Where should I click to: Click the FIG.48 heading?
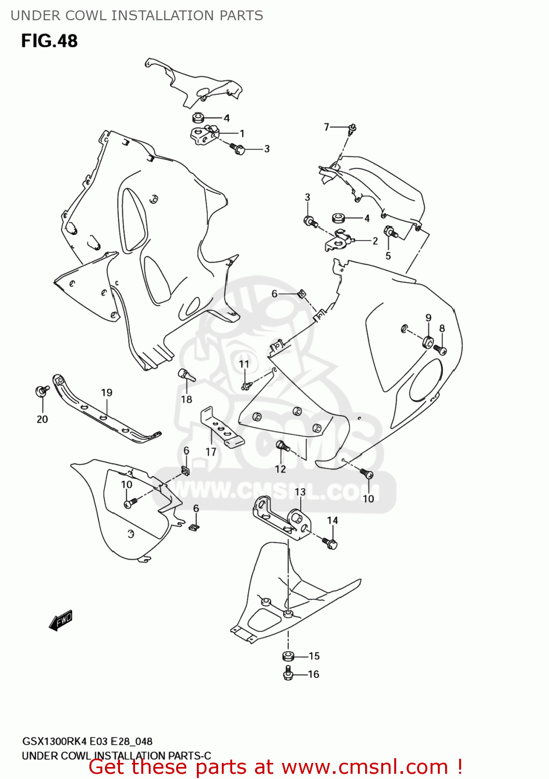[x=49, y=41]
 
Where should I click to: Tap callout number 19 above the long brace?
[x=106, y=393]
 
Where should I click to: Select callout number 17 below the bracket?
[x=211, y=452]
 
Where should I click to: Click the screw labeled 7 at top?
[x=353, y=128]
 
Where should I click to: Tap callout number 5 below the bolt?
[x=388, y=256]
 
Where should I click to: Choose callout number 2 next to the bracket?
[x=375, y=241]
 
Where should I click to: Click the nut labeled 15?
[x=288, y=655]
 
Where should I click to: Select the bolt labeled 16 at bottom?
[x=289, y=674]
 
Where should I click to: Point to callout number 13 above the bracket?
[x=300, y=492]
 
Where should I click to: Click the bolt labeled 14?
[x=330, y=544]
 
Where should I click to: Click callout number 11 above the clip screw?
[x=244, y=364]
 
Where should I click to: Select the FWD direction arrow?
[x=61, y=620]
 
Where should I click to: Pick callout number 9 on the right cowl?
[x=429, y=318]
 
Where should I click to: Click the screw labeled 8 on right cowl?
[x=441, y=350]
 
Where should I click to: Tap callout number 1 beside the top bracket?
[x=242, y=133]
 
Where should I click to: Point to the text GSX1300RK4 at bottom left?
[x=55, y=742]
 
